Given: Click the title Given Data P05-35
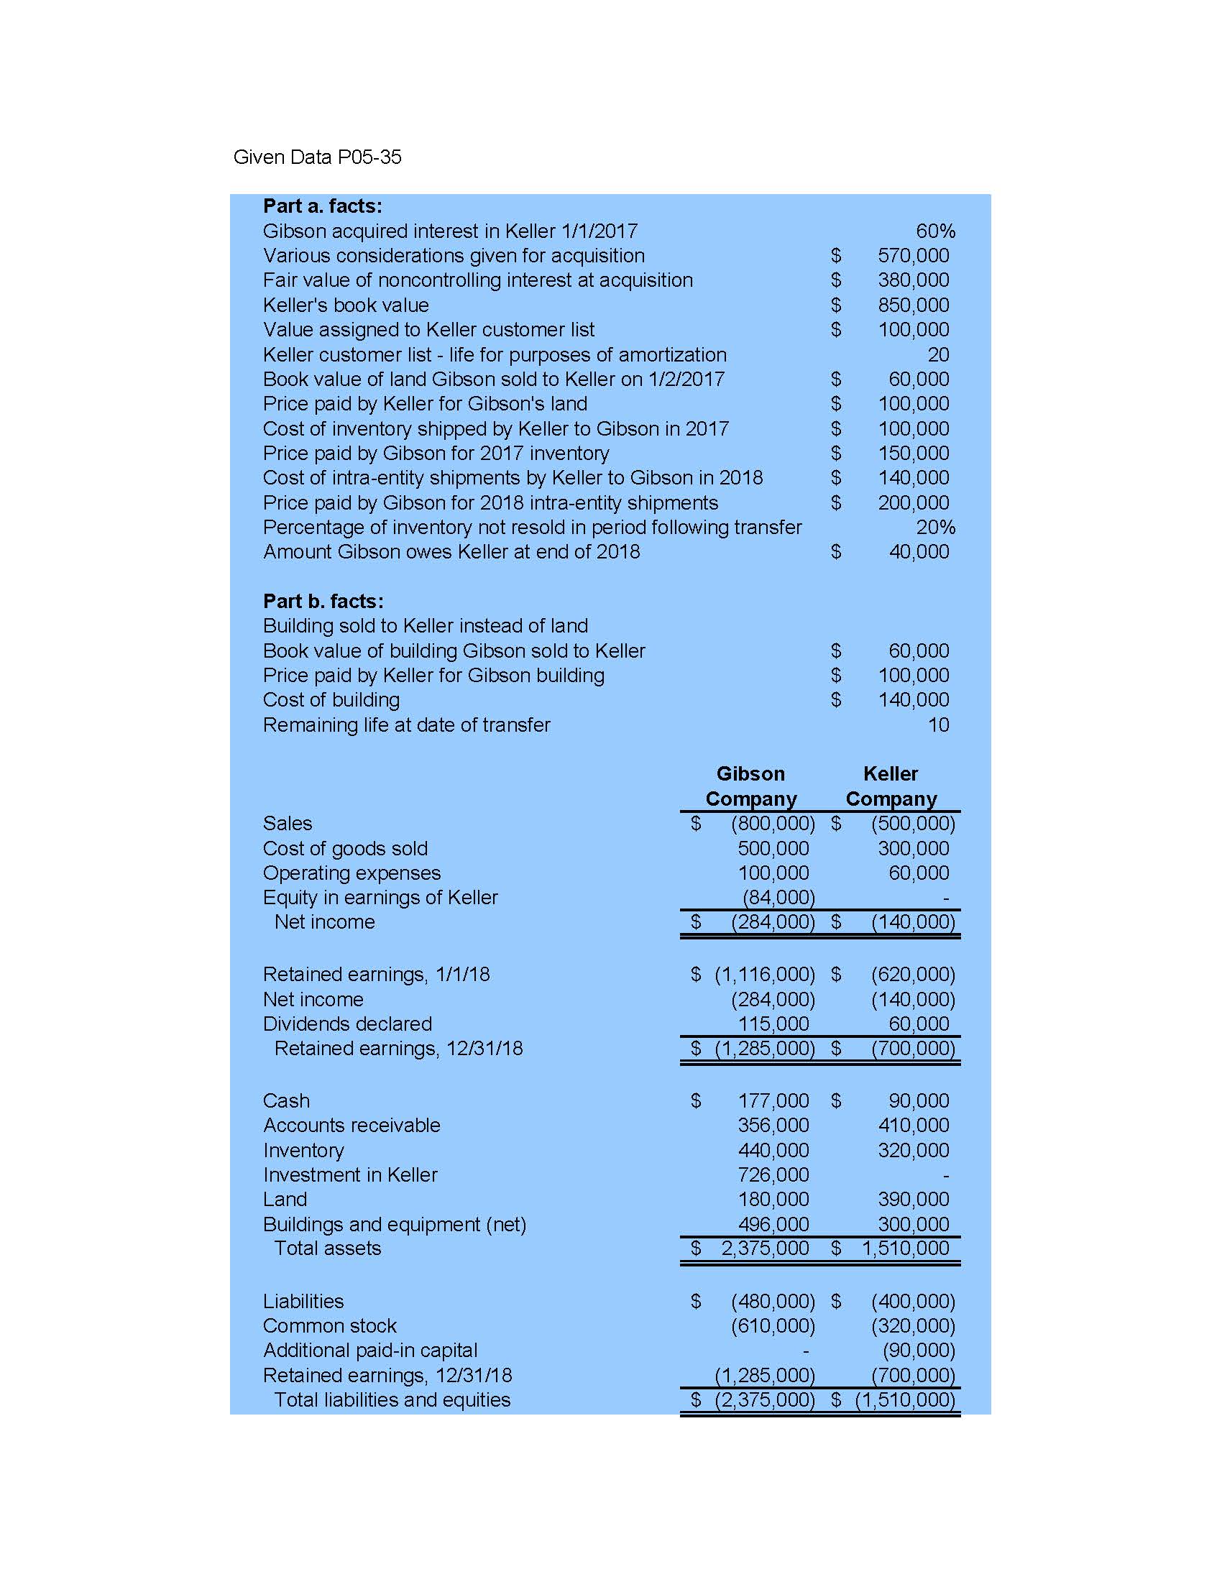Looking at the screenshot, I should pos(316,157).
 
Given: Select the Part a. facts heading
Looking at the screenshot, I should pos(322,206).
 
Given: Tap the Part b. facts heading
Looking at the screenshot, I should pos(323,601).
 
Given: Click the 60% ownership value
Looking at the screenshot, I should pos(934,231).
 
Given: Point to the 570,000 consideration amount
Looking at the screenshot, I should pos(913,256).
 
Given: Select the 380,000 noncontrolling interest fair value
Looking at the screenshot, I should pos(913,280).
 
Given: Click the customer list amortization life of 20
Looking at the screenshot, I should pos(937,355).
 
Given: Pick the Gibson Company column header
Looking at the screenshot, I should pos(750,786).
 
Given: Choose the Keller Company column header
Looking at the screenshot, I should pos(890,786).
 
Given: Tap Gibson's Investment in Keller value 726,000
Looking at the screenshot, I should pos(773,1175).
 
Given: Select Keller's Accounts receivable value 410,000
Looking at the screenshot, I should pos(913,1126).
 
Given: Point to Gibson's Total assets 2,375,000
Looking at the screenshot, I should pos(764,1248).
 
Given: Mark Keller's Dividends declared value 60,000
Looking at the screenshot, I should pos(918,1024).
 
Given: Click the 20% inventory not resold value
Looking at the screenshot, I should pos(934,528).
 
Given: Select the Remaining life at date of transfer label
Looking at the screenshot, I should pos(406,725).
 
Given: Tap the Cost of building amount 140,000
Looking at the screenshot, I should pos(913,700).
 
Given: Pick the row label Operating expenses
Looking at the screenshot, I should pos(352,873).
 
